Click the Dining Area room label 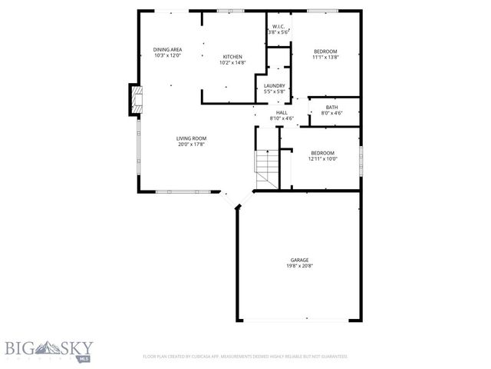tap(167, 49)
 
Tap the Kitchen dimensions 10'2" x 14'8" tap(233, 62)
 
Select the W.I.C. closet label tap(278, 26)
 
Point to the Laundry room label tap(275, 85)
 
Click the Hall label tap(282, 112)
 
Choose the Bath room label tap(331, 107)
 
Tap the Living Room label tap(193, 138)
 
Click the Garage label tap(299, 260)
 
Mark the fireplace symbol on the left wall tap(136, 100)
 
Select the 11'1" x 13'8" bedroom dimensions tap(325, 57)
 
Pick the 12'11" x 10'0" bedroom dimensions tap(322, 158)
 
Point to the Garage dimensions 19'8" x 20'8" tap(299, 266)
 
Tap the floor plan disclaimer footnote tap(245, 357)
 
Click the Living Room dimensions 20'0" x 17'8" tap(193, 144)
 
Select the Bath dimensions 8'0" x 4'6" tap(331, 113)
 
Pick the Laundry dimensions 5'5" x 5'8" tap(275, 91)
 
